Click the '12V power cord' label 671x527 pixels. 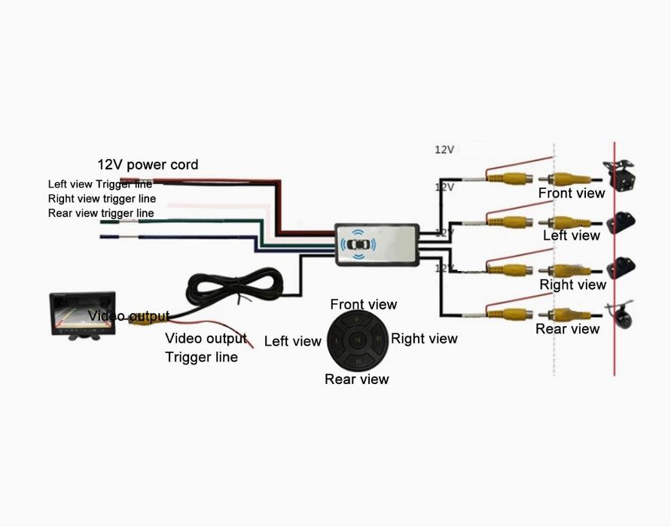148,165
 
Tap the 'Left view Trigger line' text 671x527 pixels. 99,184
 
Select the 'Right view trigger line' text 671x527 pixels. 102,199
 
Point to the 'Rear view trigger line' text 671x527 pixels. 100,213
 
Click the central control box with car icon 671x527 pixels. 377,244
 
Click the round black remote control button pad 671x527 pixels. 358,341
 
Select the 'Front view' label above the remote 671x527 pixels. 363,305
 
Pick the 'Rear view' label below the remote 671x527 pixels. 356,379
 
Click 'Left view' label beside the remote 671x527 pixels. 292,342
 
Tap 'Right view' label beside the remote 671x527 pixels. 424,339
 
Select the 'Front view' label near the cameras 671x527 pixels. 571,193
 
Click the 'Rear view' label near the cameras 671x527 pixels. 567,329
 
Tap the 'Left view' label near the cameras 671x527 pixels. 571,236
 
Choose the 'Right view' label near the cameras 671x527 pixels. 572,285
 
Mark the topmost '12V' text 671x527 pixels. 444,150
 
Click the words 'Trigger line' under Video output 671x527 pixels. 201,357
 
